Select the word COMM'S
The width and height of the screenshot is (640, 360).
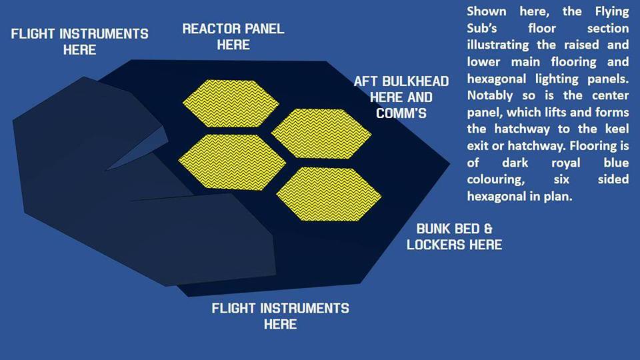pos(401,113)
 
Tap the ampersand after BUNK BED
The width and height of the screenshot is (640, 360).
pos(488,229)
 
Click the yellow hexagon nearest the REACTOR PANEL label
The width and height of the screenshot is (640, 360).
pos(231,103)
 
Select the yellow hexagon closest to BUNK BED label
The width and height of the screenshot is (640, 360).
pos(329,194)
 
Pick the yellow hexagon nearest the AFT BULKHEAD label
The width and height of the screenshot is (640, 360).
pos(321,134)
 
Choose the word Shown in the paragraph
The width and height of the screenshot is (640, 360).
pos(487,11)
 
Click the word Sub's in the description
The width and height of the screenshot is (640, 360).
pos(482,28)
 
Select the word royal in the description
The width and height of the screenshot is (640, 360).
pos(566,163)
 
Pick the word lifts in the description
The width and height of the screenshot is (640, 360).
pos(555,112)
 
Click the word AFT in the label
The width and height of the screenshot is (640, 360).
pos(363,81)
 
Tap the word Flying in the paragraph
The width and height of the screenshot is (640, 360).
pos(612,12)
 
